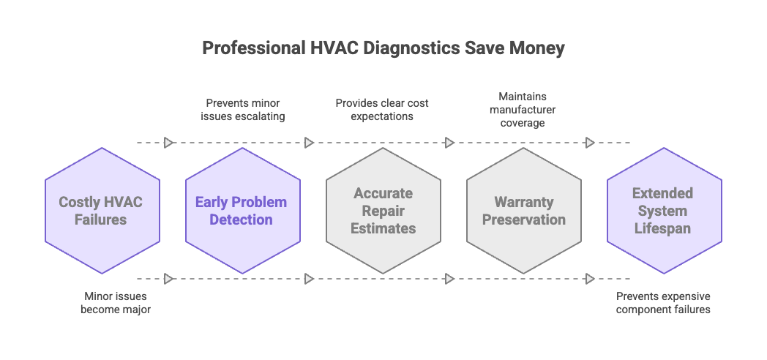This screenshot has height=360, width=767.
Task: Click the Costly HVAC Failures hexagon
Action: point(102,211)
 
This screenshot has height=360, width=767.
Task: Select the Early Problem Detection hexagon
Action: point(242,211)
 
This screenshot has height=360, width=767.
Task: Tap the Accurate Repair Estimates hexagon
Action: point(383,211)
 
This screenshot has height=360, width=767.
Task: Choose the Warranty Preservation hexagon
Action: point(524,211)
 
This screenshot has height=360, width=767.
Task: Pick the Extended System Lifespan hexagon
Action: point(664,211)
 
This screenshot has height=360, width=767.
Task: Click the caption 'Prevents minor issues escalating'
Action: point(242,110)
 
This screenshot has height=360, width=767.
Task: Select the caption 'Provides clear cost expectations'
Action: point(382,110)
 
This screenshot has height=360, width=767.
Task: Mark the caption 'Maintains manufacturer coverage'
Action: point(523,110)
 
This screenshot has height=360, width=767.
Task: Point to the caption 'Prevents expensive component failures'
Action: point(663,303)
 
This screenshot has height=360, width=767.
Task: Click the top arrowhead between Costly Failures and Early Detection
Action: point(168,143)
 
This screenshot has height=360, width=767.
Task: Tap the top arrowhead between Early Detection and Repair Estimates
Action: point(309,143)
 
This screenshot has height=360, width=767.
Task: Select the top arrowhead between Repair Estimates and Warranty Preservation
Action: point(450,143)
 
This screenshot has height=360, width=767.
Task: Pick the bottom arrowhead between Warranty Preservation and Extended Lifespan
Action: point(591,279)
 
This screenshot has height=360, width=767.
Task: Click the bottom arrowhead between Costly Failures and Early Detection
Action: point(168,279)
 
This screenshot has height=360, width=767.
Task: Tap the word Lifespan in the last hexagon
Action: point(664,228)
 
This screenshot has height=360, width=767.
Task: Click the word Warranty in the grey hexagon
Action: point(524,202)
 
